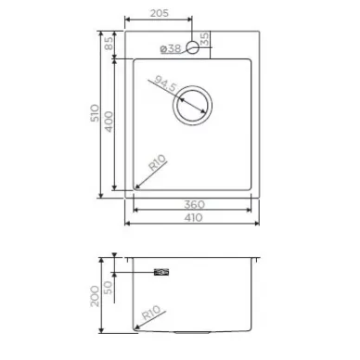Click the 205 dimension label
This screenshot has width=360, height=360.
160,13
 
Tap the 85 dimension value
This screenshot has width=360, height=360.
109,44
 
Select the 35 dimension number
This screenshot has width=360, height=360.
205,39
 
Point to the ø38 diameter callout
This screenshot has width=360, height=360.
171,48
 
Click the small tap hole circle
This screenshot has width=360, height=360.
192,47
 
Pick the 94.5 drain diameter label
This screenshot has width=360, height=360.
165,84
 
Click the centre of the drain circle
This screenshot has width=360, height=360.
192,106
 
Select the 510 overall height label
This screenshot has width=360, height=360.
96,113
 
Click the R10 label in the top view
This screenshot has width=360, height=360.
158,162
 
